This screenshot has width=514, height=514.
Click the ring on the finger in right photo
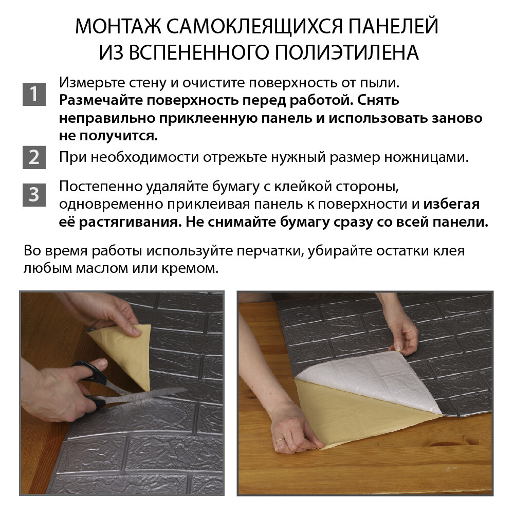click(279, 440)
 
